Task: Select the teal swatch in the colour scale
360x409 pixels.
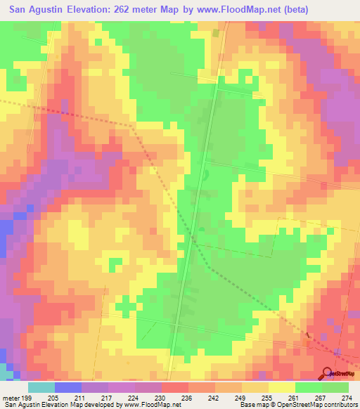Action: (41, 387)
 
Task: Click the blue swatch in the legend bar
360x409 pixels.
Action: (67, 387)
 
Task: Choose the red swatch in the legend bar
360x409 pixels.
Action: (175, 387)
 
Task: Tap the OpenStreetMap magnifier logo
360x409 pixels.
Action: (327, 373)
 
